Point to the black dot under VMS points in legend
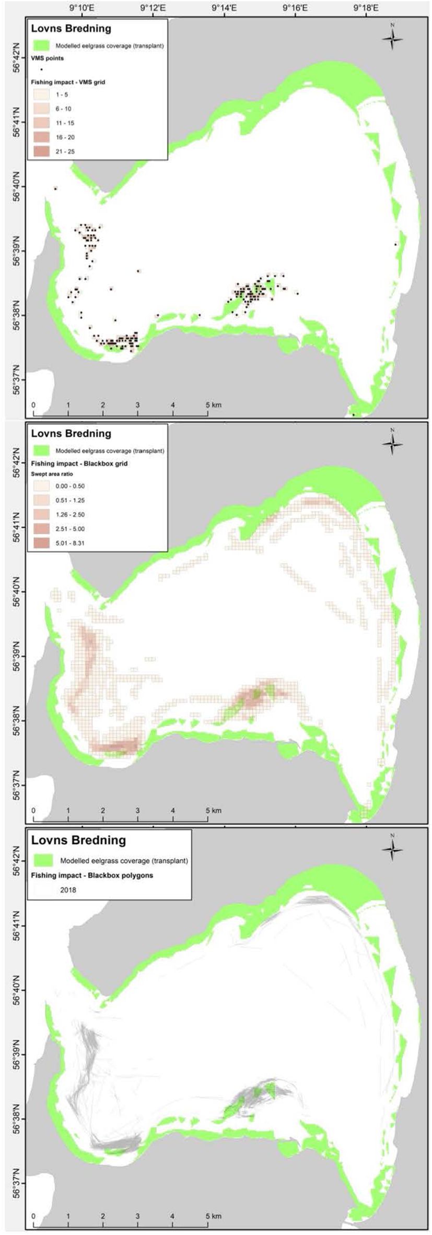[41, 69]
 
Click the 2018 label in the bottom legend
[68, 889]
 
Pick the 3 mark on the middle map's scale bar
[138, 811]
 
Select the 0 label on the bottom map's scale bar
[33, 1216]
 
